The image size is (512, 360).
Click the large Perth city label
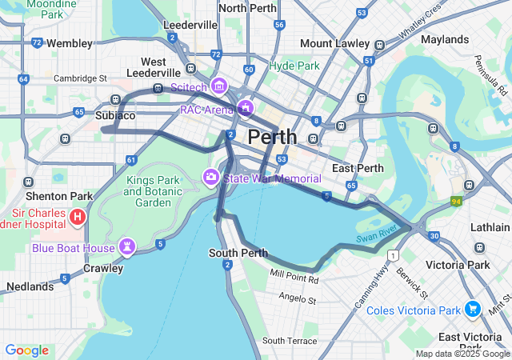pyautogui.click(x=272, y=137)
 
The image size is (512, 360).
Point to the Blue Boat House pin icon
pyautogui.click(x=128, y=246)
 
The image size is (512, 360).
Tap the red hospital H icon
pyautogui.click(x=78, y=216)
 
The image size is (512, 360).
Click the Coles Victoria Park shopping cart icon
pyautogui.click(x=473, y=309)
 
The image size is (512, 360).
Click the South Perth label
pyautogui.click(x=238, y=253)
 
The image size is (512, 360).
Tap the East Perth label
pyautogui.click(x=358, y=168)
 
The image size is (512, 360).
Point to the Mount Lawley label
pyautogui.click(x=328, y=42)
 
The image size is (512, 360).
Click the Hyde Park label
pyautogui.click(x=294, y=66)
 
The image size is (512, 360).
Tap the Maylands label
pyautogui.click(x=444, y=39)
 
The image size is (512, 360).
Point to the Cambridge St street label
pyautogui.click(x=80, y=78)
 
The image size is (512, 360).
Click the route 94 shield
pyautogui.click(x=457, y=202)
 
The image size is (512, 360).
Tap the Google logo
pyautogui.click(x=26, y=350)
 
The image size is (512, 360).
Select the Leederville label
pyautogui.click(x=190, y=25)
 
